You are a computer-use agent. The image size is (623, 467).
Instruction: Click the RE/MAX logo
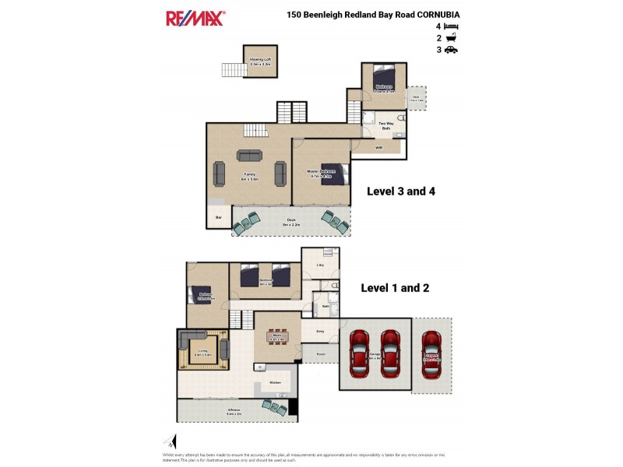pyautogui.click(x=195, y=18)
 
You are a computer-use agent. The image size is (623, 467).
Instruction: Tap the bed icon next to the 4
pyautogui.click(x=452, y=26)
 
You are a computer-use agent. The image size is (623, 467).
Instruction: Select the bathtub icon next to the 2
pyautogui.click(x=452, y=38)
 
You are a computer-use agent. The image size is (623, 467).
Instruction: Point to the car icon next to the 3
pyautogui.click(x=452, y=50)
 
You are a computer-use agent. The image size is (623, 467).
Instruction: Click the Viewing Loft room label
pyautogui.click(x=260, y=59)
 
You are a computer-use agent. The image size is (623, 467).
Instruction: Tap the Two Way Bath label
pyautogui.click(x=385, y=126)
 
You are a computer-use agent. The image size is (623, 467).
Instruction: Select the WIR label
pyautogui.click(x=378, y=147)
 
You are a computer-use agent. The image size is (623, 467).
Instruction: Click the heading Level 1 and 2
pyautogui.click(x=395, y=288)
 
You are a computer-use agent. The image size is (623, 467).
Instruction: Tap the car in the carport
pyautogui.click(x=432, y=356)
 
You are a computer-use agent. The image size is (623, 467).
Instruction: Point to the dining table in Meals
pyautogui.click(x=277, y=338)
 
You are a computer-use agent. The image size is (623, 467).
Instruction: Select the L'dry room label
pyautogui.click(x=319, y=265)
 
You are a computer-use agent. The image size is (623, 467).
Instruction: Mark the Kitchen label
pyautogui.click(x=275, y=383)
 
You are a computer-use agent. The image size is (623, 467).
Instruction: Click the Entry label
pyautogui.click(x=320, y=332)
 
